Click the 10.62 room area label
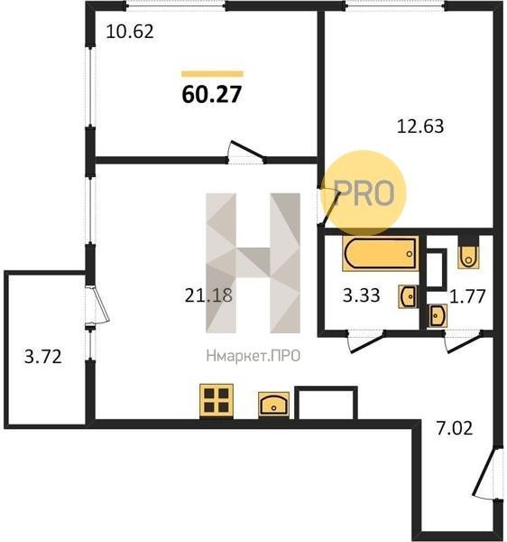130,32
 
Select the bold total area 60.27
212,94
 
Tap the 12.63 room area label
420,126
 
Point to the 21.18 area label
208,295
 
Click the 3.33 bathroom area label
362,295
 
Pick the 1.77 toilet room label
467,296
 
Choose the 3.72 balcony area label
43,357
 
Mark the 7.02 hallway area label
454,428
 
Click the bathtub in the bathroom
381,253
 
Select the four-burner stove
217,401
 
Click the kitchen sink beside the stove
273,405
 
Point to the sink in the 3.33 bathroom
409,296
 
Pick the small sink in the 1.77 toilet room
438,315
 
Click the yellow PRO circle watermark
364,193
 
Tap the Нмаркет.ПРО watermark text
253,356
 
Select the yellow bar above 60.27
212,74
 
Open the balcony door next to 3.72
97,305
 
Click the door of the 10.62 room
246,152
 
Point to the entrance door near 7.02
486,473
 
